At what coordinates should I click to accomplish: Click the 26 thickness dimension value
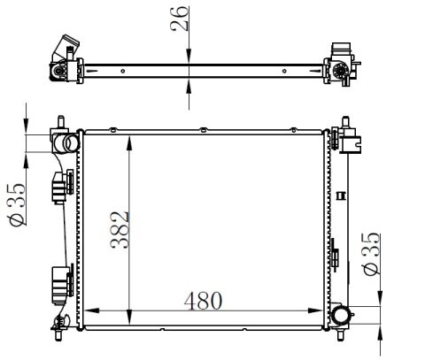tap(179, 19)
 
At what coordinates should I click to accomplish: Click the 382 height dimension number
tap(120, 230)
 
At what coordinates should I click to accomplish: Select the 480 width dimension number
tap(203, 301)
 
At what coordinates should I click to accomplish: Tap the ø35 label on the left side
tap(17, 204)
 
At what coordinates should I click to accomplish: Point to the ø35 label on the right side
tap(371, 254)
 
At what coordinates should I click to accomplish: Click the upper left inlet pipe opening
tap(67, 143)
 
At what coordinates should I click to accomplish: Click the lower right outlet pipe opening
tap(340, 315)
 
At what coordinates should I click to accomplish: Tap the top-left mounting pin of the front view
tap(61, 122)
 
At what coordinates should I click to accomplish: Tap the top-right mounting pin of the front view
tap(345, 122)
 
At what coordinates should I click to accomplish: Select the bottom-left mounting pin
tap(58, 334)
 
